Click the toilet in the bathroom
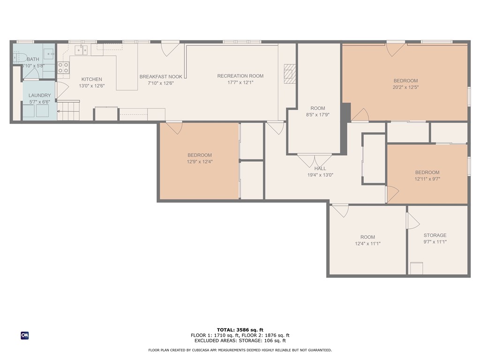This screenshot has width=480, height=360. [x=19, y=58]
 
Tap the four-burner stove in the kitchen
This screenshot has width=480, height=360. [x=63, y=67]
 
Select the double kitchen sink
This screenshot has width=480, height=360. [x=82, y=50]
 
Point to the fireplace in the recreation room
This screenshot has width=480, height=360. [x=290, y=74]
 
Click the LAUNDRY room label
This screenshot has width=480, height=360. [x=39, y=95]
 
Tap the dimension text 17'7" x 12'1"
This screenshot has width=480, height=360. [x=240, y=83]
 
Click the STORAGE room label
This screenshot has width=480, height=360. [x=435, y=235]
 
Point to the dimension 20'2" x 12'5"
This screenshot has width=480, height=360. [x=405, y=87]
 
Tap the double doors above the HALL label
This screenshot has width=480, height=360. [x=315, y=160]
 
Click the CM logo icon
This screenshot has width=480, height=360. [x=25, y=335]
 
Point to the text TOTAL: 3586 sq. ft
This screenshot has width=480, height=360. [x=240, y=330]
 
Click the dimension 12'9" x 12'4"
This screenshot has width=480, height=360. [x=200, y=162]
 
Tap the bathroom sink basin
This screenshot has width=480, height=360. [x=48, y=54]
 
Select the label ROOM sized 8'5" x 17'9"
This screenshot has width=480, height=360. [x=317, y=108]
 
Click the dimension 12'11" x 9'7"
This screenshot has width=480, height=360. [x=427, y=179]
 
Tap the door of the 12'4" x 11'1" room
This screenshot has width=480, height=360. [x=341, y=210]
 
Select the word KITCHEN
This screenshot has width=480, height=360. [x=91, y=79]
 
